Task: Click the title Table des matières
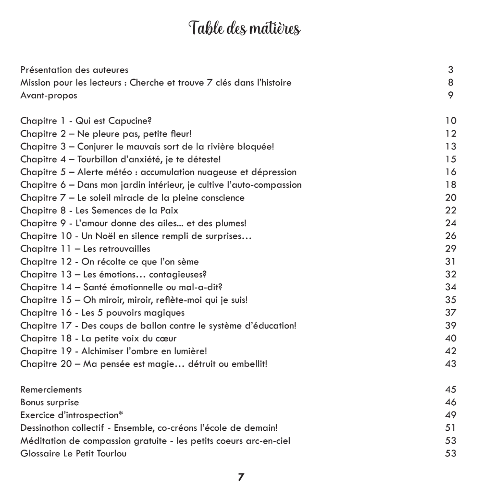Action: click(x=245, y=29)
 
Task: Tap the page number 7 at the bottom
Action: click(x=241, y=477)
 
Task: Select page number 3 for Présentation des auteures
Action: click(x=450, y=70)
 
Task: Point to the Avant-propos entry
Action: click(x=49, y=96)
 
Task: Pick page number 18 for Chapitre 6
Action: click(x=450, y=185)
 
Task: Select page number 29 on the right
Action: click(x=450, y=249)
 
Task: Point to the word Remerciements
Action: click(x=51, y=389)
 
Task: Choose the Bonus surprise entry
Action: click(x=50, y=402)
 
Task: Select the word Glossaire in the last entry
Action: click(x=40, y=453)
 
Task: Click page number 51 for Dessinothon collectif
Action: click(x=450, y=428)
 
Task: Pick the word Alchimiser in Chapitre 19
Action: click(x=104, y=351)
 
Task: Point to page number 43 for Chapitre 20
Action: click(x=450, y=364)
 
